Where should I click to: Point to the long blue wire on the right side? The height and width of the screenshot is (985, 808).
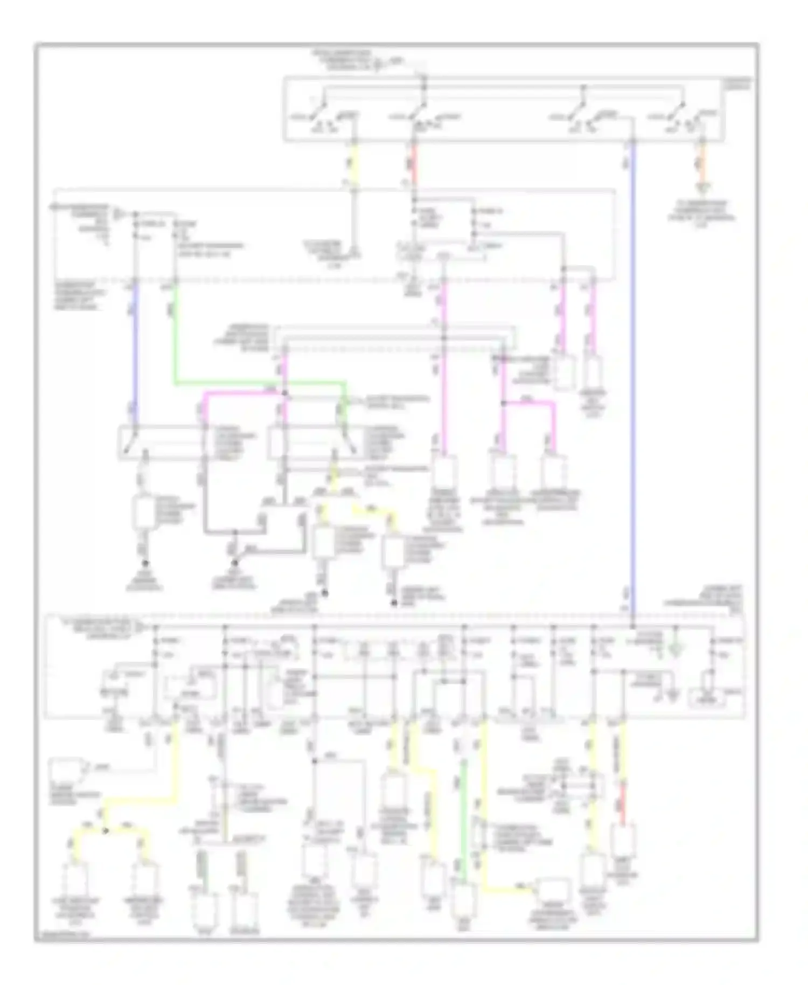(x=633, y=377)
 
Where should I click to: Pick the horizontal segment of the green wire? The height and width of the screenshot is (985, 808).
(x=259, y=384)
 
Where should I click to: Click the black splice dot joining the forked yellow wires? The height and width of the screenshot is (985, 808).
(x=106, y=830)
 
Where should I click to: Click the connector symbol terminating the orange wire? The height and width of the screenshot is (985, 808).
(x=702, y=189)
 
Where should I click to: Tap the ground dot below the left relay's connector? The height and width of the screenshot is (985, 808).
(x=145, y=563)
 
